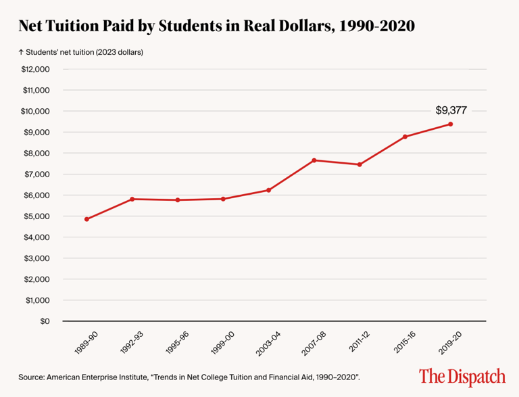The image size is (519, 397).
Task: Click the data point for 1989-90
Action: pos(86,219)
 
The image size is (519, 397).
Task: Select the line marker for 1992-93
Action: pos(132,199)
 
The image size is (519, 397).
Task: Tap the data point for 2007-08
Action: pos(314,160)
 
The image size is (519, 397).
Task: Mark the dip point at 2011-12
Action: pos(360,164)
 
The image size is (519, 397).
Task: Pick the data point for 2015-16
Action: pos(405,137)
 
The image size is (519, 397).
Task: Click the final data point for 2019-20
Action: pos(451,124)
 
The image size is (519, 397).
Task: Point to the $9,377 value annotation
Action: pos(451,109)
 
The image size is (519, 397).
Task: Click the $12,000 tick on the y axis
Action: pos(36,69)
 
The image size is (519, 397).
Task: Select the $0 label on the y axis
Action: pos(44,321)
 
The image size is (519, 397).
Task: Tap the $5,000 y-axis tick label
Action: pos(39,216)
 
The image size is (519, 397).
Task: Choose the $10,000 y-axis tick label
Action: pos(36,111)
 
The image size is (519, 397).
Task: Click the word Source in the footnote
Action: pos(31,375)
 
